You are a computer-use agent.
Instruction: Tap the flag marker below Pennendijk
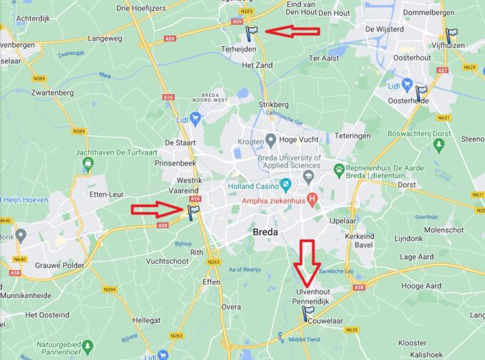click(x=308, y=313)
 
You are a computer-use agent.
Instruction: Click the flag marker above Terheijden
click(x=252, y=33)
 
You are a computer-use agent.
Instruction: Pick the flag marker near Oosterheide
click(x=421, y=93)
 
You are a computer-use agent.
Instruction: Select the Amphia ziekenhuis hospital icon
click(x=312, y=197)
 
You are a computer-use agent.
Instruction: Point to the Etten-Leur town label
click(x=106, y=194)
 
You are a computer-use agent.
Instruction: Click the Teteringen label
click(x=353, y=135)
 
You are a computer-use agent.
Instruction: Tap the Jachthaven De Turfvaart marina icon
click(x=88, y=165)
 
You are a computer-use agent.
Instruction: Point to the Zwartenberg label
click(x=53, y=93)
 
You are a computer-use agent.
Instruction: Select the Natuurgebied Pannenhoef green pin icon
click(x=87, y=346)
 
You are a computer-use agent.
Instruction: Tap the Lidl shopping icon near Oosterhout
click(x=407, y=85)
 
